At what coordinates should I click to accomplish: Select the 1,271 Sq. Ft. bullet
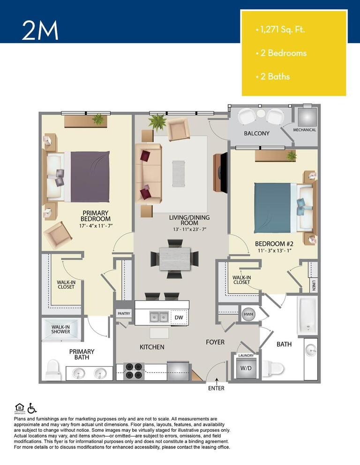tap(281, 30)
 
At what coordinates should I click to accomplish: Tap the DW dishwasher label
tap(178, 317)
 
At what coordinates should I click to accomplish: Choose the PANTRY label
tap(124, 314)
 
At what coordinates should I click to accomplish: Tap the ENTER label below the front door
tap(216, 388)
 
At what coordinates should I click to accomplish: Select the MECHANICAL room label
tap(304, 130)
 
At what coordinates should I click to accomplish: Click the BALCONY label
tap(256, 133)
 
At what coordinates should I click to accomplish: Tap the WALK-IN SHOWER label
tap(60, 329)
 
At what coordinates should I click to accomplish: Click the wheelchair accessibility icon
tap(32, 408)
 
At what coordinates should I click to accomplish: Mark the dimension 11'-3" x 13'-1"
tap(274, 251)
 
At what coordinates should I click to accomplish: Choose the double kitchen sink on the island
tap(159, 317)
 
